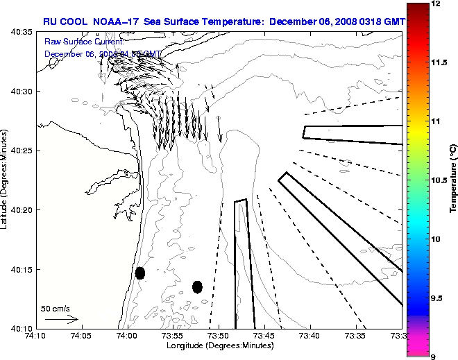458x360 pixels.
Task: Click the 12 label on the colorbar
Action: (436, 4)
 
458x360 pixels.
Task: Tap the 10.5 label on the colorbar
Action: (439, 180)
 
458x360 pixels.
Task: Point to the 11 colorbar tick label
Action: (436, 121)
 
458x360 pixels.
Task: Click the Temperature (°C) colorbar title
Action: (453, 180)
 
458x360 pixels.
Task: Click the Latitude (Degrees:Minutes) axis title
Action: (6, 180)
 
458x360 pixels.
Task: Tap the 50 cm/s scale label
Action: (56, 308)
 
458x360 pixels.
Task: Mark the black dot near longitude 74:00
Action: (140, 273)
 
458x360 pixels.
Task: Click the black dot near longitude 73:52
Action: (197, 286)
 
